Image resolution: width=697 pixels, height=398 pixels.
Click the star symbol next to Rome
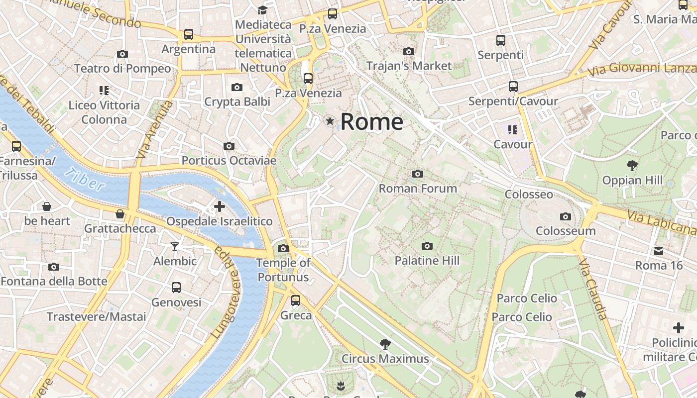[330, 121]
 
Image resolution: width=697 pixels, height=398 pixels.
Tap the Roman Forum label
[418, 188]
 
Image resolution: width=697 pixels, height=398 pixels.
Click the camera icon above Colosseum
[565, 216]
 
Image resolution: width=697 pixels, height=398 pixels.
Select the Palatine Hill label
[427, 260]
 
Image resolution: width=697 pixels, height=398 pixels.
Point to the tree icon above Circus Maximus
[385, 344]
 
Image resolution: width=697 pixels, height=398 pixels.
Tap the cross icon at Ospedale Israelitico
[219, 206]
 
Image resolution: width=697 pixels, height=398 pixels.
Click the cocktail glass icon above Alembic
[175, 246]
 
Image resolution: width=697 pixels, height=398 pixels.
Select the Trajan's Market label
[409, 66]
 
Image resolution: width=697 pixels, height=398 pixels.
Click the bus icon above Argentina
[188, 34]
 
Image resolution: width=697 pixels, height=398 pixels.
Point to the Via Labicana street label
[661, 222]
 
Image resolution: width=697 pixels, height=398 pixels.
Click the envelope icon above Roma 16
[659, 251]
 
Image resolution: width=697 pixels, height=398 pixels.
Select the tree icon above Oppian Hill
[632, 165]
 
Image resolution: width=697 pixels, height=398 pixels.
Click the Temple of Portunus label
[283, 270]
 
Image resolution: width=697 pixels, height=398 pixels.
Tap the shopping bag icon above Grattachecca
[120, 214]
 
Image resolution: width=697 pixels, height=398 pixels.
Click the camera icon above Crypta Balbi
[237, 88]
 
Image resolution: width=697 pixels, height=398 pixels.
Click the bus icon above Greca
[296, 300]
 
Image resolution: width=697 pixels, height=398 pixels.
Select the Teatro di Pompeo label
[122, 68]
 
